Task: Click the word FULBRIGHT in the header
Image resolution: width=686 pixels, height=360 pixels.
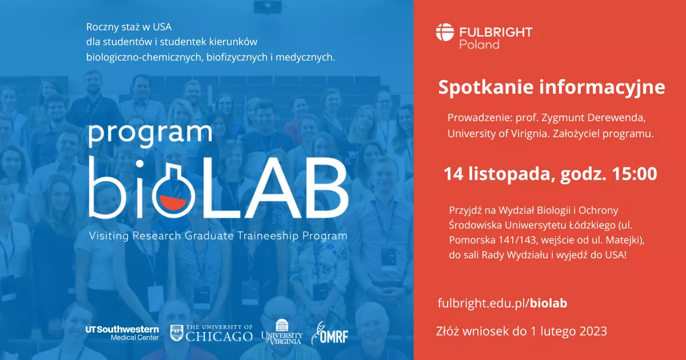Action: point(496,32)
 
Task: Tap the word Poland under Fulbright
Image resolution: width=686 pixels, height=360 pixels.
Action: point(479,44)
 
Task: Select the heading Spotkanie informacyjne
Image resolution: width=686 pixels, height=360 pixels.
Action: point(552,87)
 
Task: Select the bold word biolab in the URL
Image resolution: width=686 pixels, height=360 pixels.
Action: point(548,303)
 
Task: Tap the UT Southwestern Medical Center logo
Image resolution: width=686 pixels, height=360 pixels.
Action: point(122,333)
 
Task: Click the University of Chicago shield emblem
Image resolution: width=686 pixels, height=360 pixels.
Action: point(177,333)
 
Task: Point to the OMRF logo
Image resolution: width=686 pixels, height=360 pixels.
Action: point(330,333)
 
